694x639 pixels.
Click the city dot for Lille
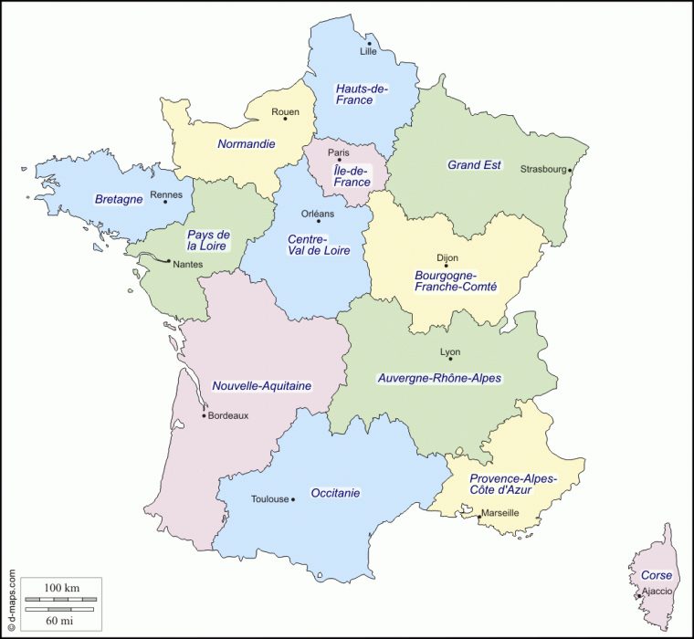pyautogui.click(x=369, y=43)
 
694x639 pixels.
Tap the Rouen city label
pyautogui.click(x=285, y=112)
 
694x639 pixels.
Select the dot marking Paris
pyautogui.click(x=339, y=160)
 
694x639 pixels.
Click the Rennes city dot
pyautogui.click(x=165, y=202)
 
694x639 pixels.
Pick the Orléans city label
pyautogui.click(x=318, y=214)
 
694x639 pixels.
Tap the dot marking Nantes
pyautogui.click(x=168, y=261)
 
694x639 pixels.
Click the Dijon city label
pyautogui.click(x=447, y=258)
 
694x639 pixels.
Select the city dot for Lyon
pyautogui.click(x=450, y=359)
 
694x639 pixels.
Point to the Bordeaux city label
pyautogui.click(x=228, y=415)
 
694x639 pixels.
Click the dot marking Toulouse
pyautogui.click(x=292, y=499)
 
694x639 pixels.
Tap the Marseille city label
pyautogui.click(x=500, y=513)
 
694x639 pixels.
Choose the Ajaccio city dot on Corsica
pyautogui.click(x=638, y=596)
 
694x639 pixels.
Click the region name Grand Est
pyautogui.click(x=474, y=165)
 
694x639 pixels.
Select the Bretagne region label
pyautogui.click(x=119, y=199)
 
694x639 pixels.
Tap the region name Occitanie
pyautogui.click(x=335, y=493)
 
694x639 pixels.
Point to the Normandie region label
pyautogui.click(x=246, y=143)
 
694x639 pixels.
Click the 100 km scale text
pyautogui.click(x=61, y=585)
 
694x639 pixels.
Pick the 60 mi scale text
pyautogui.click(x=61, y=621)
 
